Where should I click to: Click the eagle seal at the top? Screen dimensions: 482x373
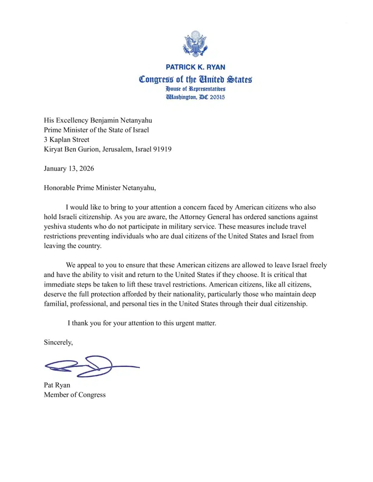point(195,44)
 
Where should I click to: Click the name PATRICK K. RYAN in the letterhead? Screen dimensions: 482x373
point(195,67)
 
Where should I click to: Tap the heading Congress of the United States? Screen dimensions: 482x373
point(195,79)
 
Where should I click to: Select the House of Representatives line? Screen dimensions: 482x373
point(195,89)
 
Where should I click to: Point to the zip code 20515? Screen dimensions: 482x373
point(217,97)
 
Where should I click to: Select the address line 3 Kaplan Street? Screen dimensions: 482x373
point(66,140)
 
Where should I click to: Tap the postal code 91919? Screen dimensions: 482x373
point(162,149)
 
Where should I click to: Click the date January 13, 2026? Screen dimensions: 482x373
point(69,169)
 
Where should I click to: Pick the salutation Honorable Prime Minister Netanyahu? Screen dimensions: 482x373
point(100,188)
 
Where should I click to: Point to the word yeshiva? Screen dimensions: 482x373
point(55,227)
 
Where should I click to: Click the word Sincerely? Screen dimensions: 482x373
point(58,343)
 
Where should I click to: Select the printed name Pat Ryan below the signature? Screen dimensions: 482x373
point(57,385)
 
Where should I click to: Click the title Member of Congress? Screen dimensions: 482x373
point(75,395)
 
